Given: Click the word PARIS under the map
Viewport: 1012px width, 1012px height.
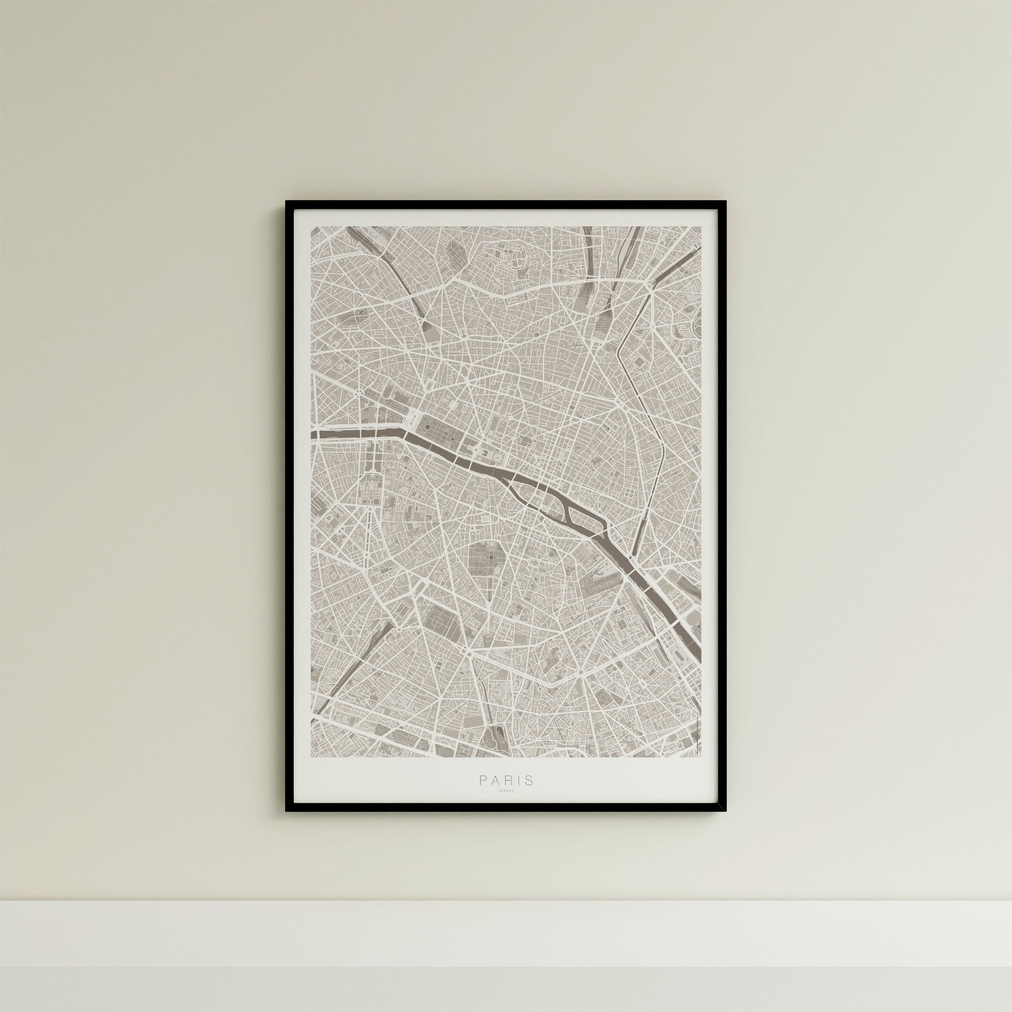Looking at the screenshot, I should coord(506,795).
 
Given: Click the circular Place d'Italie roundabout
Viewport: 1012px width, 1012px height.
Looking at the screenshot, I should coord(581,672).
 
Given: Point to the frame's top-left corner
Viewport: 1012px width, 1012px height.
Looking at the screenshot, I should coord(287,201).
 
